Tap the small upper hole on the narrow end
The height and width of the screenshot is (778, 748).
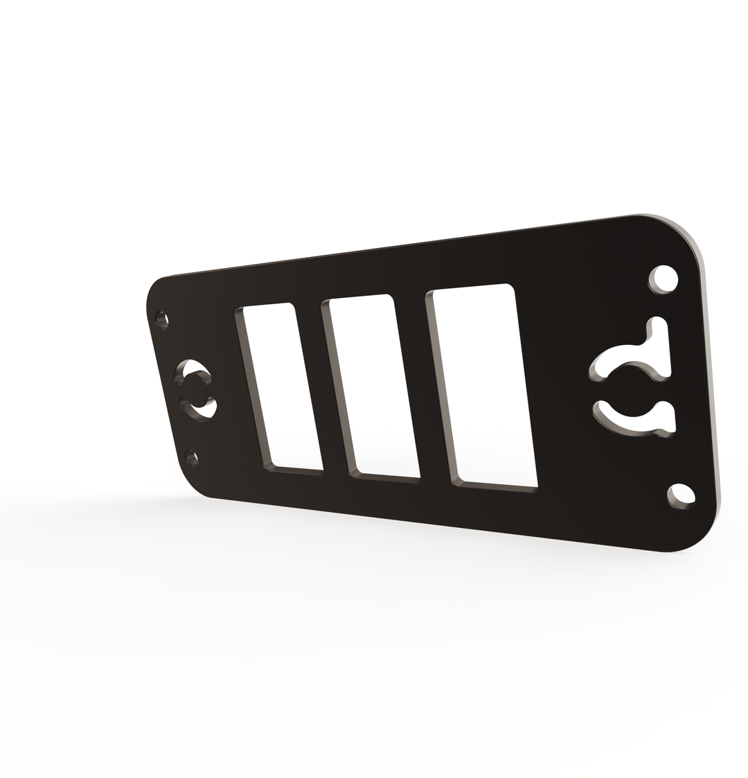162,319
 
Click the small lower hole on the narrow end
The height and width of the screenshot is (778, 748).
192,457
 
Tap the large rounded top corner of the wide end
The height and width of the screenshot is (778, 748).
675,239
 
